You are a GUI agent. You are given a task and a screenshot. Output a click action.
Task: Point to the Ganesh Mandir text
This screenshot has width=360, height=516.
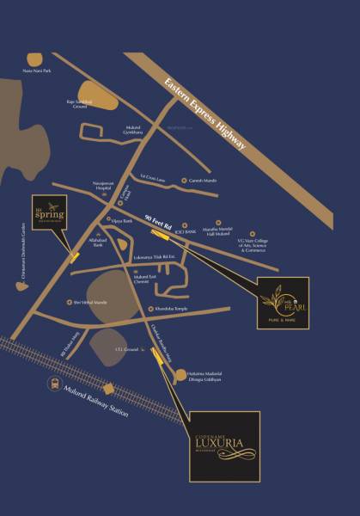tap(201, 181)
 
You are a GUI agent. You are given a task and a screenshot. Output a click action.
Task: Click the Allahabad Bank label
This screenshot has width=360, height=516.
tap(94, 247)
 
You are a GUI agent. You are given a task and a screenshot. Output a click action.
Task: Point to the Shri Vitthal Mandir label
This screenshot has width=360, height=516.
tap(90, 303)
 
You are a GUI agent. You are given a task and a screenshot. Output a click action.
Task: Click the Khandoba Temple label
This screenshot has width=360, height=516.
tap(175, 309)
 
